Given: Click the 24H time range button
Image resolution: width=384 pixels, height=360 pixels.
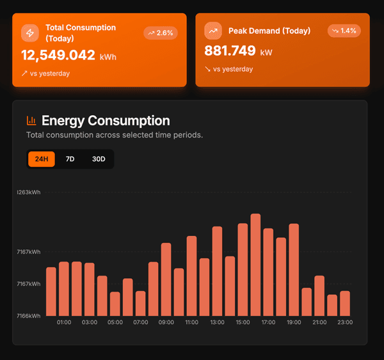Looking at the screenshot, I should point(42,159).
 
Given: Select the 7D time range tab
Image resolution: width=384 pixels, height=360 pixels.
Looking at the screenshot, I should point(70,159).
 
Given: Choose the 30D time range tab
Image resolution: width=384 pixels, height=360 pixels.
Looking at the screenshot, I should point(99,159).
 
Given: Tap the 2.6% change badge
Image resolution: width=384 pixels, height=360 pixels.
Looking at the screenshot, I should point(160,33).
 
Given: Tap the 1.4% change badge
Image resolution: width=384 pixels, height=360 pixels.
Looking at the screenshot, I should point(344,31).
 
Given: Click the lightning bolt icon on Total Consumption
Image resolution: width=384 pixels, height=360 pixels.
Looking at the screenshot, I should point(30,33).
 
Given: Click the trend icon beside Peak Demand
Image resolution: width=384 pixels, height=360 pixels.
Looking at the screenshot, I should point(213,31).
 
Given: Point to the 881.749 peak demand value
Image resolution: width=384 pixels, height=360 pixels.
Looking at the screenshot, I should point(230,51).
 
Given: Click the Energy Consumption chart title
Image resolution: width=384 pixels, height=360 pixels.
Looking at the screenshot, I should point(106,120).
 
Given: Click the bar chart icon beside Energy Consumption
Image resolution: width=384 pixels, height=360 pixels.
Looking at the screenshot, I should point(31,120).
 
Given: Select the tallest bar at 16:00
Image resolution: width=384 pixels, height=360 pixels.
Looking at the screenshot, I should point(255,265).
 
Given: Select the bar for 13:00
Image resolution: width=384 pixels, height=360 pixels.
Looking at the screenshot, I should point(217,271).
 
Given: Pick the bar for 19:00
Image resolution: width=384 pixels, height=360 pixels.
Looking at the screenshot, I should point(294,270).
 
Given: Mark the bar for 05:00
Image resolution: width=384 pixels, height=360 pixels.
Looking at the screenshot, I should point(115,304).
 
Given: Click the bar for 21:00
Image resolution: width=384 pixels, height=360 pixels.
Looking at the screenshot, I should point(319,295).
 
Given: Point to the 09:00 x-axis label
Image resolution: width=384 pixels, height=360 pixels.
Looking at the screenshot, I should point(166,322).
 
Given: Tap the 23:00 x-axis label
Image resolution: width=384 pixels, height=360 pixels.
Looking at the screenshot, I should point(345,322).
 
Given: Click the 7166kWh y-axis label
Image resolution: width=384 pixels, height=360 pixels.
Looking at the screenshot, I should point(29,315).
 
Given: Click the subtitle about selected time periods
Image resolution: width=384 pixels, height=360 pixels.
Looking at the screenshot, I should point(115,135).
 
